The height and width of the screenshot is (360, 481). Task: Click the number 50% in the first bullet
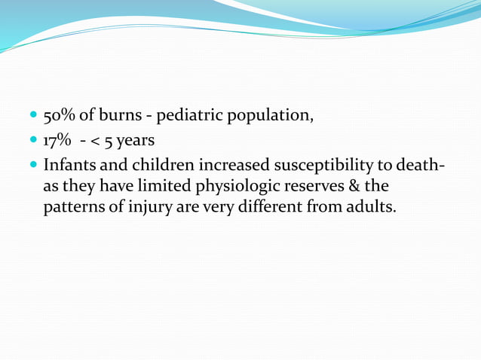click(59, 117)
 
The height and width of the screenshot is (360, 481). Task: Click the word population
click(269, 117)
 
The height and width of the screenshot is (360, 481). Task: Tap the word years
click(135, 141)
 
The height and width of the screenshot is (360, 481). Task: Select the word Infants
click(69, 164)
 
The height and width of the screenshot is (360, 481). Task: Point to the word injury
click(151, 206)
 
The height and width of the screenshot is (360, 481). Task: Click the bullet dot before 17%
click(33, 141)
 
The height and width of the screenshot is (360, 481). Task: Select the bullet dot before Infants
click(33, 165)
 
